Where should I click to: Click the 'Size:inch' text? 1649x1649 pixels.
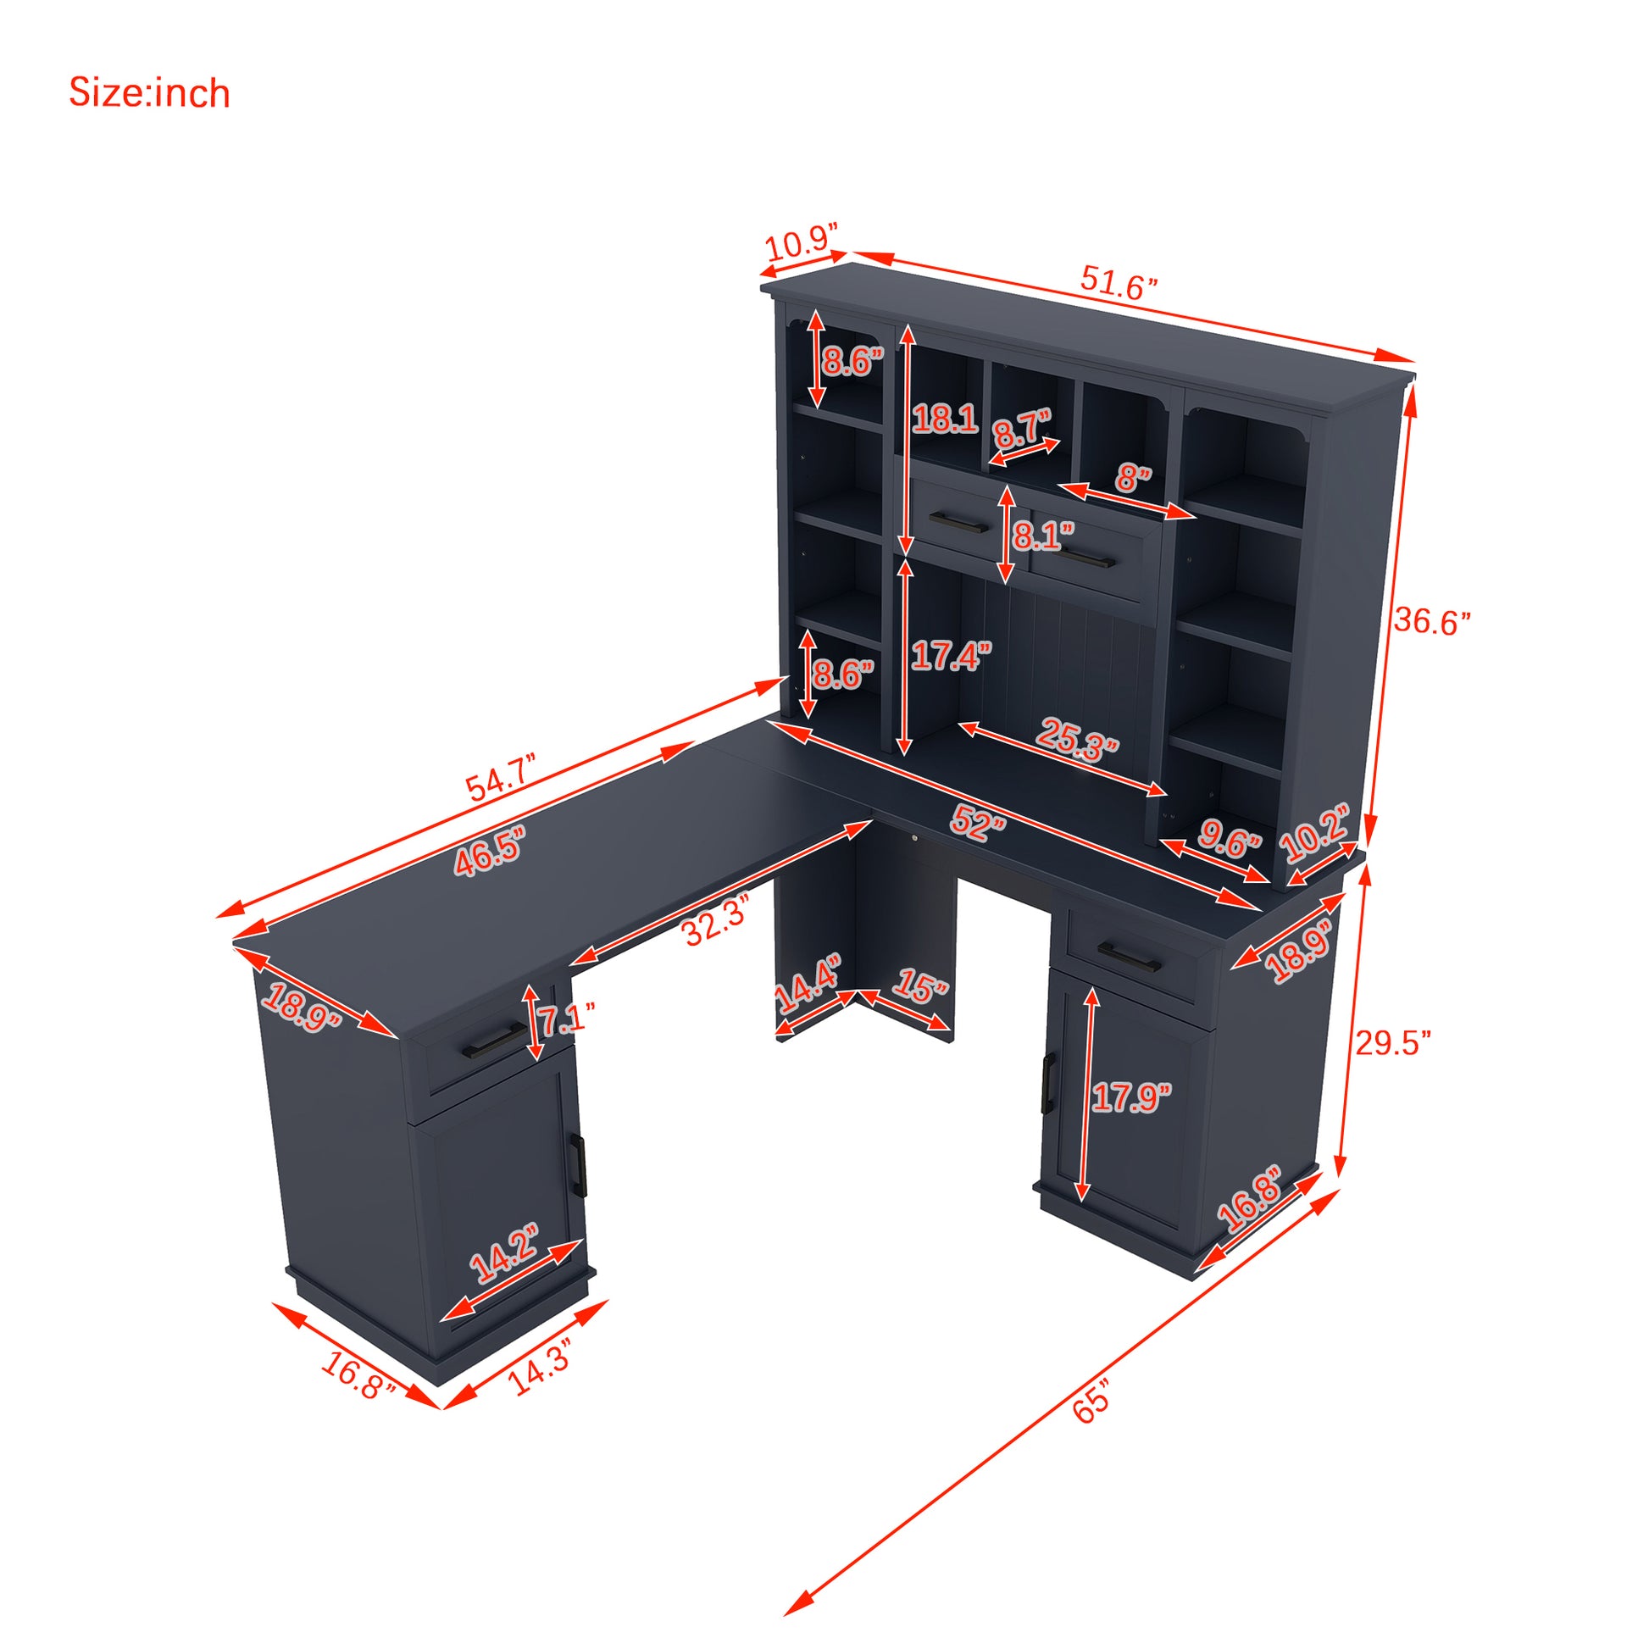tap(149, 93)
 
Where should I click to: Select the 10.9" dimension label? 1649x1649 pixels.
tap(802, 244)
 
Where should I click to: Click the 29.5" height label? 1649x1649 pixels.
tap(1394, 1042)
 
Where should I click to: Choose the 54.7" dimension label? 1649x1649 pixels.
tap(502, 777)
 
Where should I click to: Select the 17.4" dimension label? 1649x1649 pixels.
tap(951, 657)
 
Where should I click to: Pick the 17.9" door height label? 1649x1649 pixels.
tap(1132, 1097)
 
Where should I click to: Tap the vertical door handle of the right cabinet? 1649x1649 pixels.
tap(1048, 1082)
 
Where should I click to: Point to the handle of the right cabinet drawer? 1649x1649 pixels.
tap(1130, 956)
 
